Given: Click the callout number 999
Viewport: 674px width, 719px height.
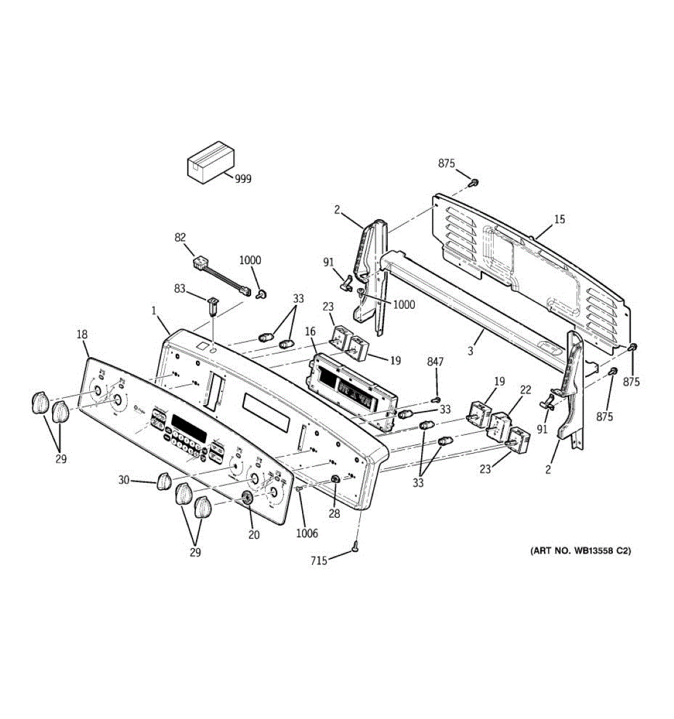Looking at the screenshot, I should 243,179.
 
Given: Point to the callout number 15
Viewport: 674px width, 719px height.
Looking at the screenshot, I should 558,220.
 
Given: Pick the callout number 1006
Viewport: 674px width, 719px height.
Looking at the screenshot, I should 307,533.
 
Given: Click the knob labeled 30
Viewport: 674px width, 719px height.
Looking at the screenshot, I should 163,481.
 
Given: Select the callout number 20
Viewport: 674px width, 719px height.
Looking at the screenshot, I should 254,535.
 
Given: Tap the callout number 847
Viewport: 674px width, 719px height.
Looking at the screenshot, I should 436,361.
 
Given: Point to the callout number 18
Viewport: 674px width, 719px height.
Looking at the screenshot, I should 82,335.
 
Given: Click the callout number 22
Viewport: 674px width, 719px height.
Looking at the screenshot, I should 525,390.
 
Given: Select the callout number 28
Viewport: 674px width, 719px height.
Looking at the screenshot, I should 333,514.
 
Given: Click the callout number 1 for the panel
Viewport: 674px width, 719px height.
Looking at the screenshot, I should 153,311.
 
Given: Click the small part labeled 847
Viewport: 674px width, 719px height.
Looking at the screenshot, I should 436,400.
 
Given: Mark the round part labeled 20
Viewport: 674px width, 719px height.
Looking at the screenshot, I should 246,497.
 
